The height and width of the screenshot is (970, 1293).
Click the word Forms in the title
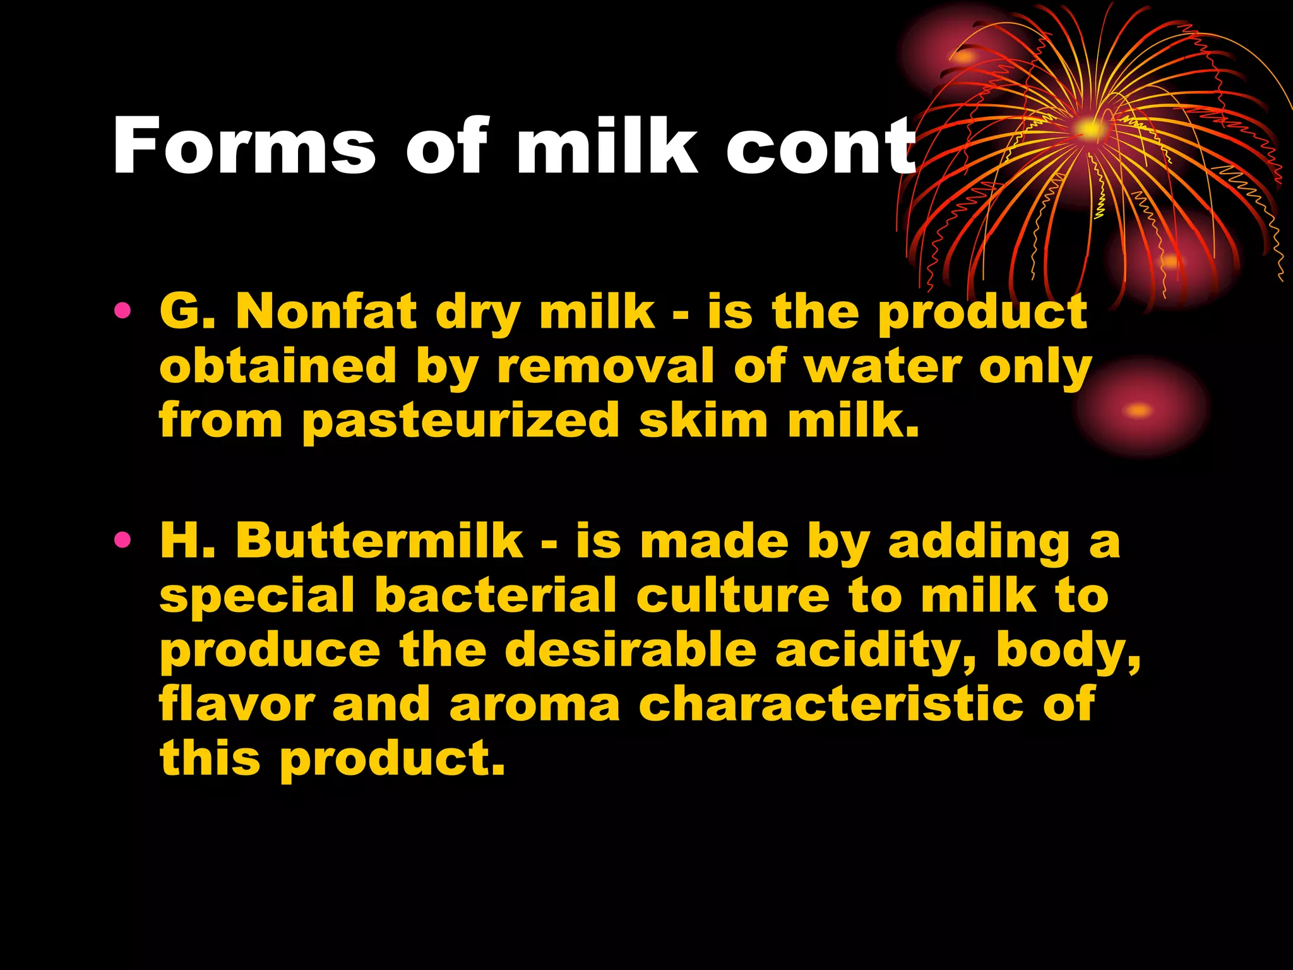tap(244, 147)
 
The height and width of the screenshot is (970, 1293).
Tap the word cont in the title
tap(821, 147)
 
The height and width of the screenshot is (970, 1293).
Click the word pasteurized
tap(461, 421)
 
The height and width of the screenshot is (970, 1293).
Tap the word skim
tap(703, 421)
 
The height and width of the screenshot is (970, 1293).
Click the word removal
tap(606, 366)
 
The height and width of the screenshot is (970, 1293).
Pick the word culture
tap(732, 595)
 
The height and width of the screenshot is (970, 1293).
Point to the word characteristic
tap(831, 705)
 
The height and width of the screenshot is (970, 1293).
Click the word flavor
tap(237, 705)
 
